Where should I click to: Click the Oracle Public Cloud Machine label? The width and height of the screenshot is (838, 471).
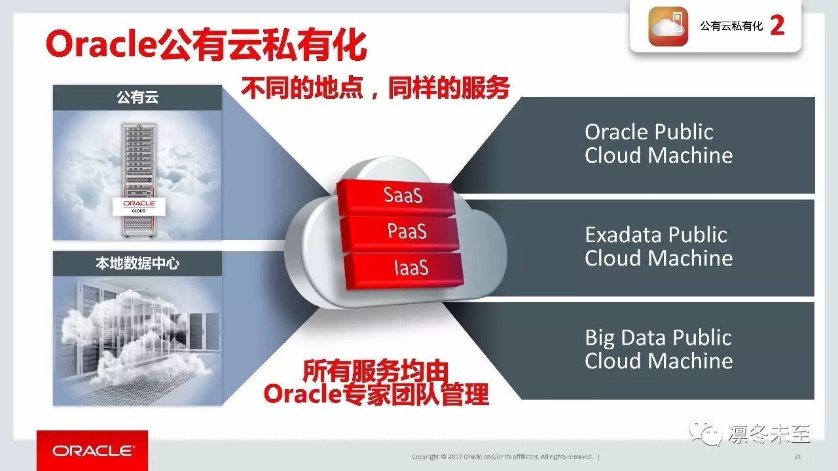click(659, 143)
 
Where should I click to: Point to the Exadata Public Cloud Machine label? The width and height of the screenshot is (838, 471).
click(659, 247)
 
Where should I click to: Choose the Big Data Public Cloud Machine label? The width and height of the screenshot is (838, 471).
click(659, 349)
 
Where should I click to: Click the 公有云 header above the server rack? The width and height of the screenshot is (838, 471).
click(137, 97)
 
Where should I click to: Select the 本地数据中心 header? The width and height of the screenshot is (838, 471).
click(137, 264)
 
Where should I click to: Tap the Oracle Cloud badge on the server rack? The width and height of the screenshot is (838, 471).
click(139, 207)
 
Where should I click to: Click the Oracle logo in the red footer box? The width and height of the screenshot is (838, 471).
click(92, 451)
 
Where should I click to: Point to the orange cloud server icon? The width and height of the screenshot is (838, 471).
click(668, 26)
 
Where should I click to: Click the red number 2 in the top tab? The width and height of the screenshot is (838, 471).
click(777, 26)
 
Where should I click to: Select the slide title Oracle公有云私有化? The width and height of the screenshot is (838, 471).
click(206, 45)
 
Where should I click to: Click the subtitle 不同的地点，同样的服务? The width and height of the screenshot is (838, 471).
click(375, 88)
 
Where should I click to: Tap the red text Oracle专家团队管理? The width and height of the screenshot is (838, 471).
click(376, 394)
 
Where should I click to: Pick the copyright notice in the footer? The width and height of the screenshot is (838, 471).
click(502, 457)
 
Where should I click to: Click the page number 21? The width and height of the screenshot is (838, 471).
click(797, 457)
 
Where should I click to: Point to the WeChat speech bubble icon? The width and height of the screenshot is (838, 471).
click(706, 433)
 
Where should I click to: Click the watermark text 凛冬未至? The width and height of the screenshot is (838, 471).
click(769, 434)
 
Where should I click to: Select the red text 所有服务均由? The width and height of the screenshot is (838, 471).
click(375, 371)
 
